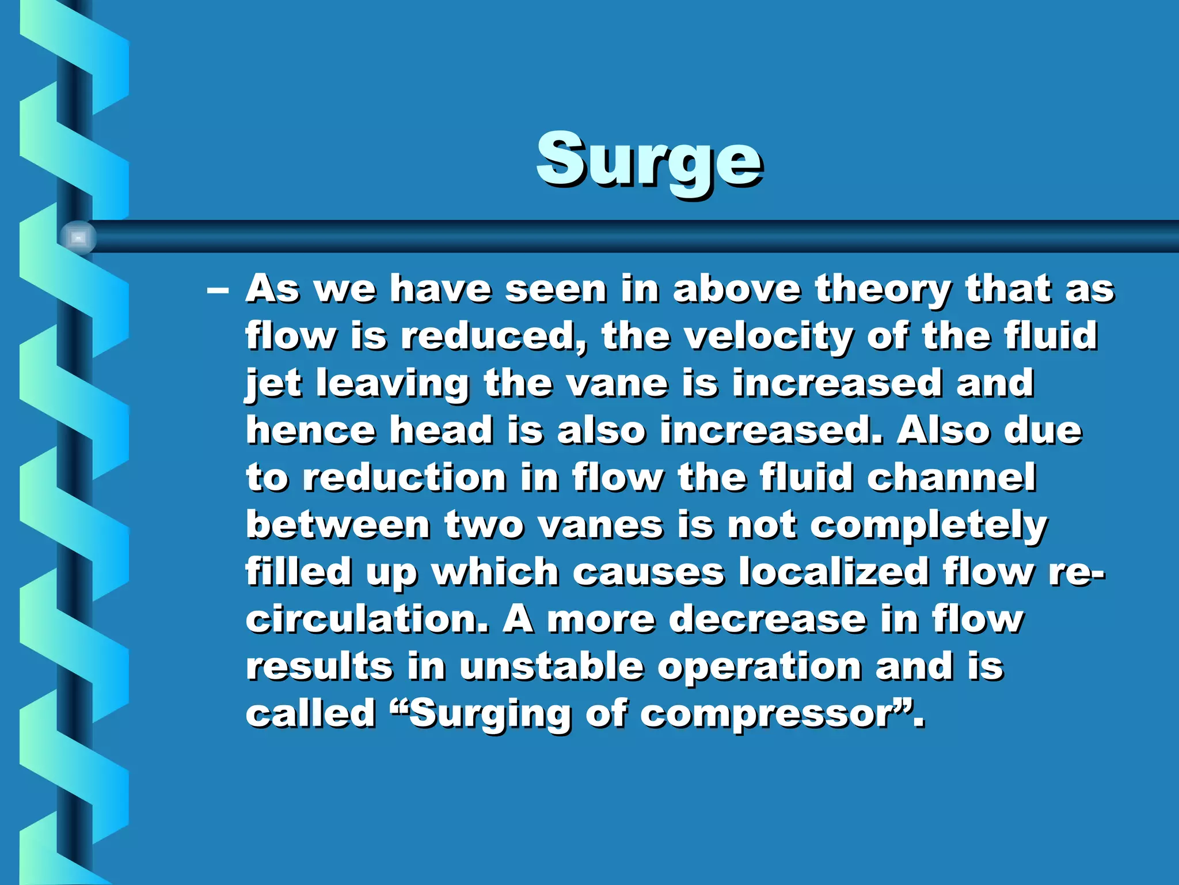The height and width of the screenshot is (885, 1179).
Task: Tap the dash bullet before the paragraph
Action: [x=218, y=290]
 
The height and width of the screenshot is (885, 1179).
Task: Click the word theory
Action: [x=883, y=290]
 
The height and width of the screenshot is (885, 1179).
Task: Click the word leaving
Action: [x=393, y=384]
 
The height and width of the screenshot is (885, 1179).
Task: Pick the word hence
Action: [x=311, y=430]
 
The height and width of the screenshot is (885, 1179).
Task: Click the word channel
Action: [x=951, y=478]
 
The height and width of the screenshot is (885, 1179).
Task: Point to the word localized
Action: [x=834, y=572]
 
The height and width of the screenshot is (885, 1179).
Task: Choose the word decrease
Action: [x=768, y=619]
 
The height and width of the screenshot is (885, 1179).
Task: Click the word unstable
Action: [x=552, y=667]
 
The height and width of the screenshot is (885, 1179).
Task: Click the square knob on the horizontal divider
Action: [x=78, y=237]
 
